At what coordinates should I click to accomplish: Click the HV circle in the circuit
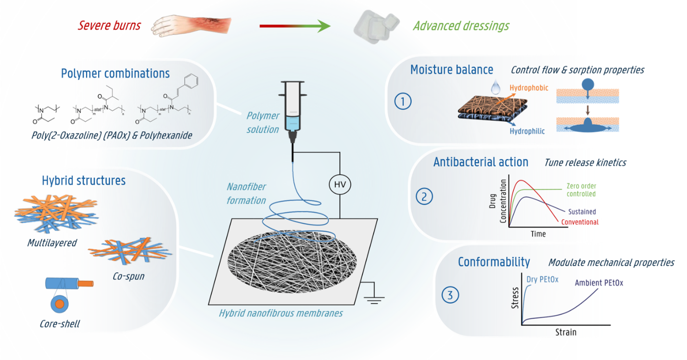340,184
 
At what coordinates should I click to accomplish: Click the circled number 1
403,101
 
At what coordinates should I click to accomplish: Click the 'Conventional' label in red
579,222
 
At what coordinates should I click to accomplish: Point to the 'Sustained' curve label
582,212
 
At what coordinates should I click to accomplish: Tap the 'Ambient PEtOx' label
599,283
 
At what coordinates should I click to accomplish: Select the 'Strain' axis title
565,332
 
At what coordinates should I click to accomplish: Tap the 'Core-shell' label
60,324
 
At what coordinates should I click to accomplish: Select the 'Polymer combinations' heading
115,74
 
